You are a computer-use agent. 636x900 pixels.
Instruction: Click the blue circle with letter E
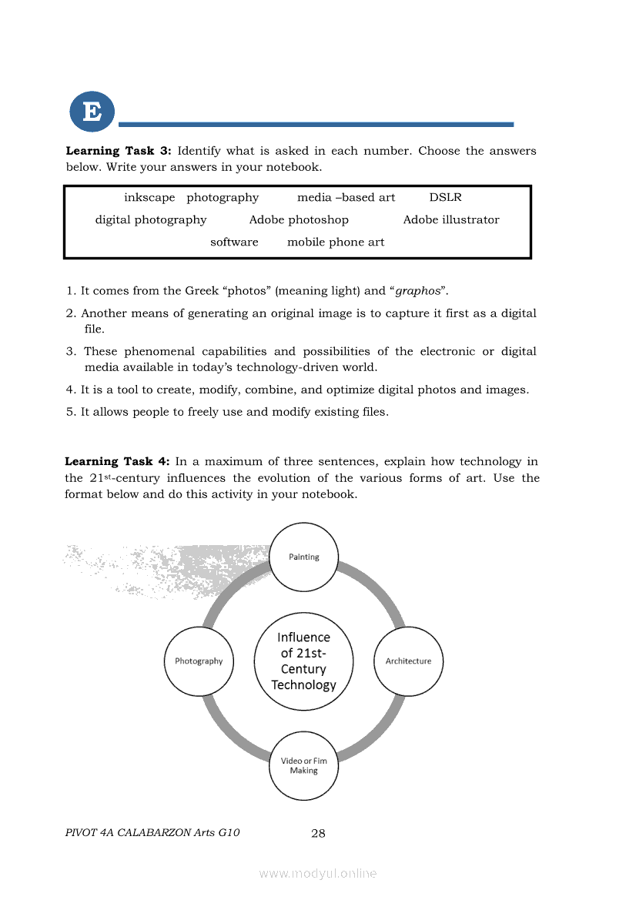[92, 112]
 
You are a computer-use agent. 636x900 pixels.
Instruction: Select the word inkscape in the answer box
[149, 198]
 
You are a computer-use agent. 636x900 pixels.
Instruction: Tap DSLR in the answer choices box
[445, 198]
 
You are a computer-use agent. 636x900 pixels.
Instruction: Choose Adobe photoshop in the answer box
[299, 220]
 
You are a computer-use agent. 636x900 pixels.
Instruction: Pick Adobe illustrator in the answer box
[451, 220]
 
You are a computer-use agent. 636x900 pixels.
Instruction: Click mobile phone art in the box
[336, 243]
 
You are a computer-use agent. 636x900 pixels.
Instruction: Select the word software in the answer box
[234, 243]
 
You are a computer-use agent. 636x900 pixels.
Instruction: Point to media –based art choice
[346, 198]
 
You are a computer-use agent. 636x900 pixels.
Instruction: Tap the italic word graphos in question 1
[418, 291]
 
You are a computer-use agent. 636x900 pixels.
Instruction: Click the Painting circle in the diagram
[303, 557]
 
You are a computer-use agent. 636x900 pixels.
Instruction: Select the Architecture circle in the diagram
[408, 661]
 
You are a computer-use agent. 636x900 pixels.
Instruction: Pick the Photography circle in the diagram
[199, 661]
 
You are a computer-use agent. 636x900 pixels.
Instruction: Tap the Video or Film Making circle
[303, 765]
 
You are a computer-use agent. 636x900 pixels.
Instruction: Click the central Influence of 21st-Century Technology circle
[303, 661]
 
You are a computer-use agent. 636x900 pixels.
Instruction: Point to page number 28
[318, 833]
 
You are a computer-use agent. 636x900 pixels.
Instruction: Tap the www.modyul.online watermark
[318, 874]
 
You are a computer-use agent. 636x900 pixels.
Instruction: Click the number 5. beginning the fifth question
[71, 412]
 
